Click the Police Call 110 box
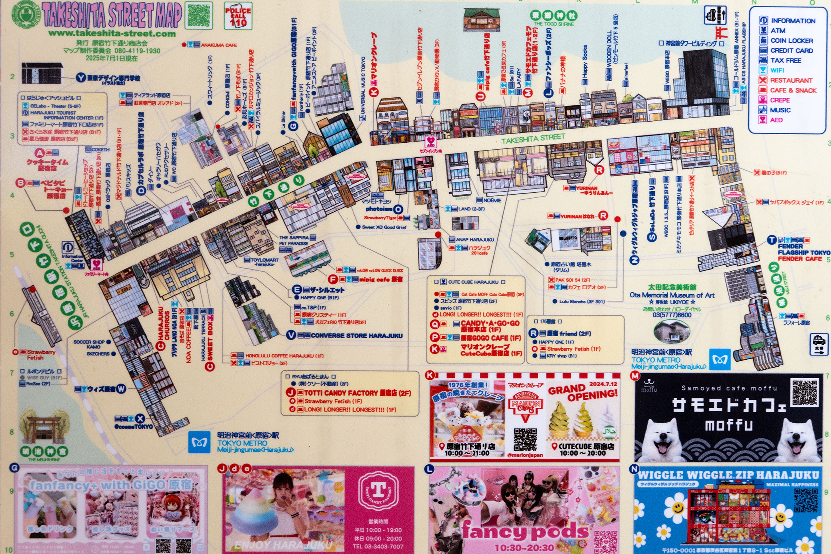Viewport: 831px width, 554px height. [x=238, y=17]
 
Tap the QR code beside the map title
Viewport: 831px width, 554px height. [x=199, y=15]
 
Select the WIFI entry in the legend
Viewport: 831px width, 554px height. [x=777, y=70]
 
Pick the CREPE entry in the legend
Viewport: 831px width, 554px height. [x=780, y=100]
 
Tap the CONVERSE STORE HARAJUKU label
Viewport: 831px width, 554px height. [x=356, y=335]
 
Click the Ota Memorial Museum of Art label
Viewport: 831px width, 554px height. [x=672, y=295]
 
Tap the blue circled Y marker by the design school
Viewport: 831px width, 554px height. [x=80, y=78]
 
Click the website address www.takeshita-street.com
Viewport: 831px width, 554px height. [x=112, y=33]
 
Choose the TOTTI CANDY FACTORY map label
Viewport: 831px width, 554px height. [x=357, y=393]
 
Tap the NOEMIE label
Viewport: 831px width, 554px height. [x=492, y=200]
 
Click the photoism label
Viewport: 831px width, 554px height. [x=379, y=209]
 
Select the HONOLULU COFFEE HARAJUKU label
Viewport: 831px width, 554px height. [x=284, y=356]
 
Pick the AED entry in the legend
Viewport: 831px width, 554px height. [x=776, y=120]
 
